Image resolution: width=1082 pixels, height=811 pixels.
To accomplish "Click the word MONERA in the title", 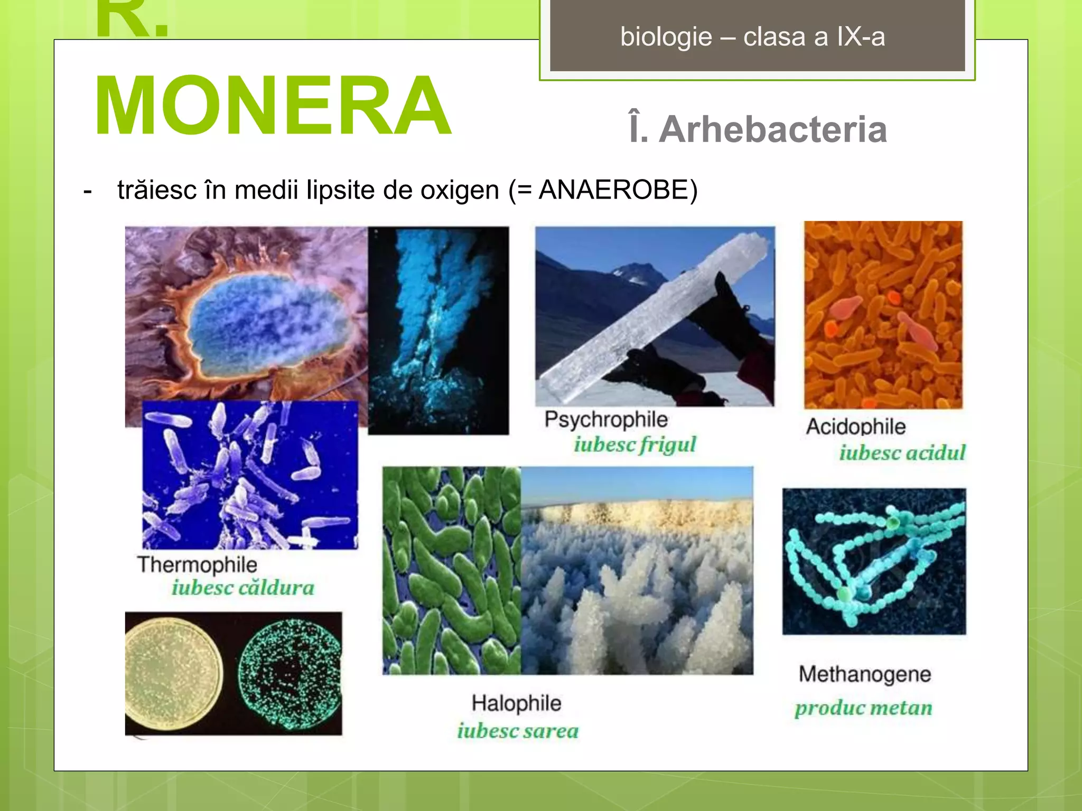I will click(x=273, y=106).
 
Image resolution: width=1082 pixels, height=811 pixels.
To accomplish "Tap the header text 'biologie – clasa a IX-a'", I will click(x=752, y=37).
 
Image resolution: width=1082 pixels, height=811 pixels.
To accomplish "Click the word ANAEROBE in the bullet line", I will click(x=613, y=190).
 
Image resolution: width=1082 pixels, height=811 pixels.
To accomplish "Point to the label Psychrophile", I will click(x=606, y=420).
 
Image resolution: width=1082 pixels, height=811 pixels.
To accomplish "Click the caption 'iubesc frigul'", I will click(x=635, y=445).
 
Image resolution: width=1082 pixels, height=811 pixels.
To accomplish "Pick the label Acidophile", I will click(x=855, y=427).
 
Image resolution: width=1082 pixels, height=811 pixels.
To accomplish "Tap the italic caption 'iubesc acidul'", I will click(x=902, y=453).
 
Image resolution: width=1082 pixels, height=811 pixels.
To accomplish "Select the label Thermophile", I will click(x=197, y=565).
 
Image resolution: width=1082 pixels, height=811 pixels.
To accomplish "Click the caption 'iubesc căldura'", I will click(x=243, y=588).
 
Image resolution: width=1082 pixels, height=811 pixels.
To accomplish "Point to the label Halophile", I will click(x=516, y=703).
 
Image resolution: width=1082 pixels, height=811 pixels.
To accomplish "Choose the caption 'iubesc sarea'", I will click(x=518, y=731).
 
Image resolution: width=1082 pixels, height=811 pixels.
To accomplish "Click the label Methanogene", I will click(x=864, y=674).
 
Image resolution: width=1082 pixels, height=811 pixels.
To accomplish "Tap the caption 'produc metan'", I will click(x=863, y=708).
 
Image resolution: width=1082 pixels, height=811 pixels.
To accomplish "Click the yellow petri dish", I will click(x=172, y=672).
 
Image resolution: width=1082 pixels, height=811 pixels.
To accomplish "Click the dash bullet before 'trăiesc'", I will click(x=88, y=191).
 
